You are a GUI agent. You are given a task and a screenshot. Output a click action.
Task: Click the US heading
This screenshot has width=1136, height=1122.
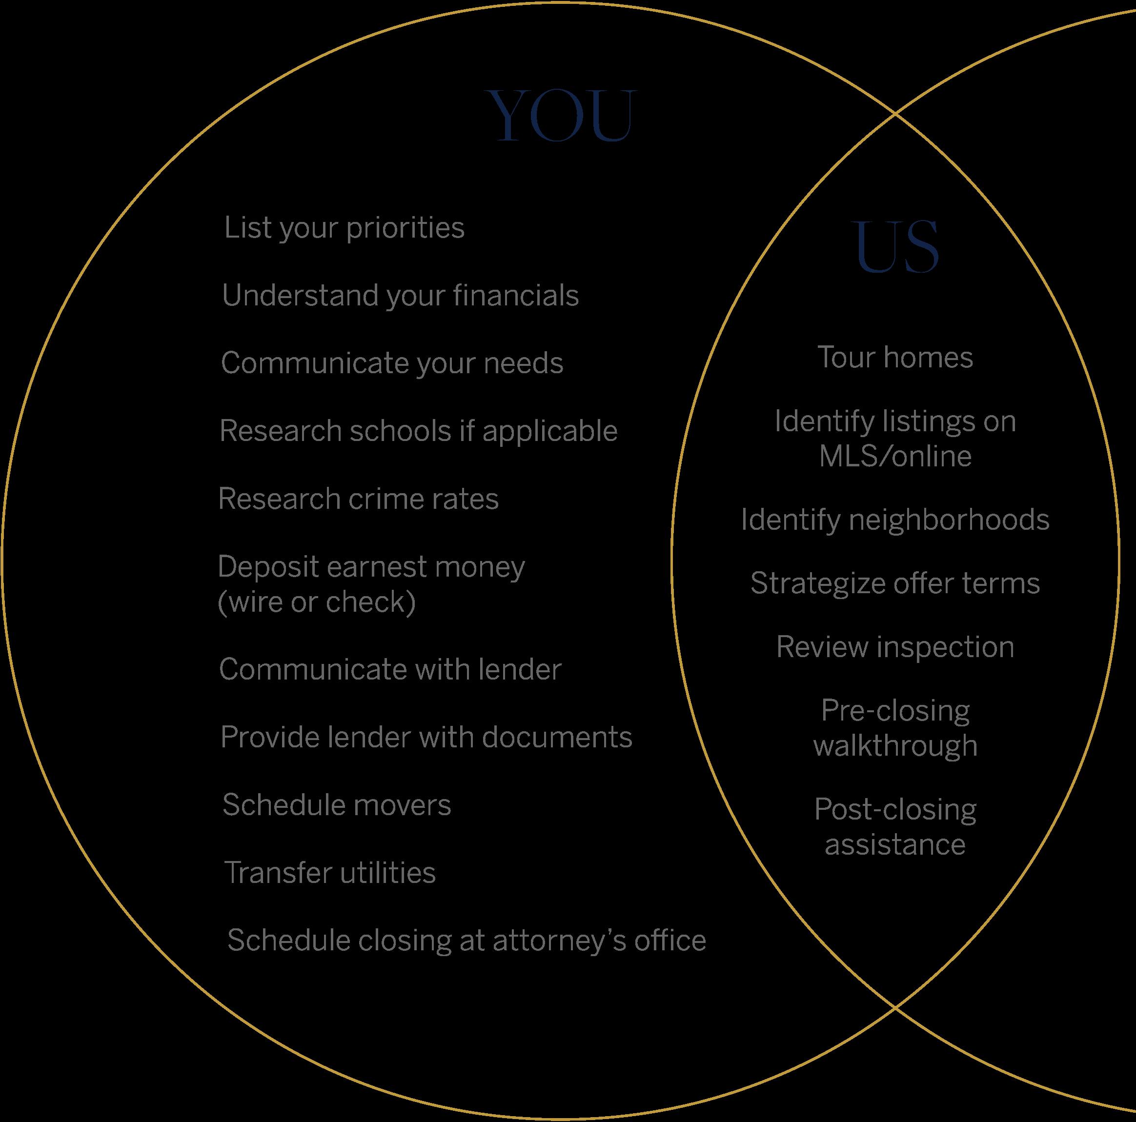897,247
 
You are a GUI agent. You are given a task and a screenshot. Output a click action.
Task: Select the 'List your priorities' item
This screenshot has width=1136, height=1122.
344,228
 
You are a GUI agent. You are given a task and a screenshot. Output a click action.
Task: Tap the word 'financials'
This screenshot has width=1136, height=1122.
516,295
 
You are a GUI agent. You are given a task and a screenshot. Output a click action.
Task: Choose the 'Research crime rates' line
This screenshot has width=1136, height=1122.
358,499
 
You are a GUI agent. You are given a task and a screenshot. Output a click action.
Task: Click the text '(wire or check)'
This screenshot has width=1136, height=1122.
317,602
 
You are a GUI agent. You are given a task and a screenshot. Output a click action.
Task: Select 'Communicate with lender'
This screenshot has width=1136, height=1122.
390,669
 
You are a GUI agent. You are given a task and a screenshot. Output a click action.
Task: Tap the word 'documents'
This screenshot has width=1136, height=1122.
557,737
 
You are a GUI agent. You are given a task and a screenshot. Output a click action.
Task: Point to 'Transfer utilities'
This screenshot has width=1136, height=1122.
330,872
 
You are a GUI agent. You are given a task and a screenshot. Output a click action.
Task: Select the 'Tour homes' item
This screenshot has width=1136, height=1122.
895,358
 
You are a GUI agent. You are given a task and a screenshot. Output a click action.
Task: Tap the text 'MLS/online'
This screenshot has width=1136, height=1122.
895,456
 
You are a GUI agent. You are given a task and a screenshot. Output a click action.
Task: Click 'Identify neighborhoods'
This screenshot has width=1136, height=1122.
895,520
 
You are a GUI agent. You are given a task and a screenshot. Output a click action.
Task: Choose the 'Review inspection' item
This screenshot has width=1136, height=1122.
895,647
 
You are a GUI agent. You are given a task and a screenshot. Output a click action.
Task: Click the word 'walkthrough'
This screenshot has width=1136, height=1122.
895,746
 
